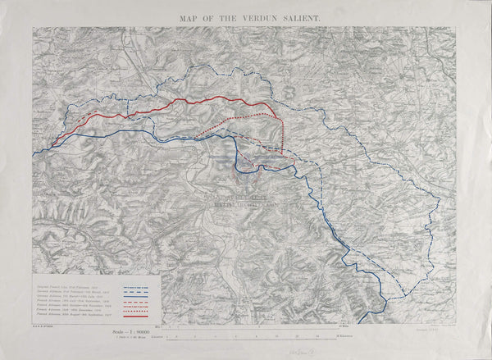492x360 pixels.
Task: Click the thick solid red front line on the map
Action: tap(205, 101)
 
